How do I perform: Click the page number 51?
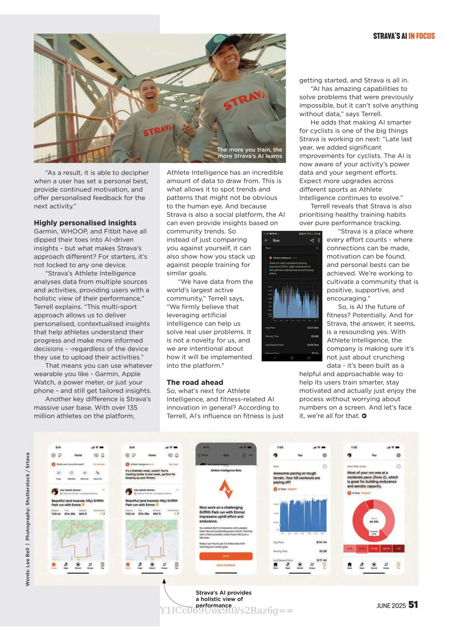point(413,605)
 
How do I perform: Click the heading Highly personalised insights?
point(85,223)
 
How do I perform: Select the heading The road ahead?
point(195,382)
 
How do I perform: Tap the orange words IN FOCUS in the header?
point(421,36)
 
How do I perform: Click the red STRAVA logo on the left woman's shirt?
point(157,130)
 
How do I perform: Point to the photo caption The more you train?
point(250,153)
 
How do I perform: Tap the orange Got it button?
point(226,556)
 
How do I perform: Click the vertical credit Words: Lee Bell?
point(27,567)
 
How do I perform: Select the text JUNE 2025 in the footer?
point(391,606)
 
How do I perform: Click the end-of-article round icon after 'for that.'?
point(364,416)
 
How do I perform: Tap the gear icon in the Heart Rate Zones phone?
point(398,455)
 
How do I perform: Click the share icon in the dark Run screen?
point(312,240)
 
